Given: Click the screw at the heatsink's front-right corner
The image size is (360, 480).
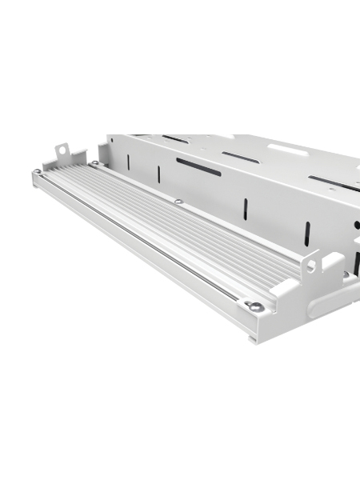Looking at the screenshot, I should tap(255, 306).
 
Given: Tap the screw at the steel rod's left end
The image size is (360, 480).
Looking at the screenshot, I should tap(38, 171).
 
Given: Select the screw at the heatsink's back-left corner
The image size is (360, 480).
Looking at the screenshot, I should tap(94, 164).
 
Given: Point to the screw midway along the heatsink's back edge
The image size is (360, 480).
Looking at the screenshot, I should tap(179, 202).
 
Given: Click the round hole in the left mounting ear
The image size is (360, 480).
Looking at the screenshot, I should tap(61, 150).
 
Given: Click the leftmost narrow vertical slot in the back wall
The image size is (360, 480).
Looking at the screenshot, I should tap(128, 162).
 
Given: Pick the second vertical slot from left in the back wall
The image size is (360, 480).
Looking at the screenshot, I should tap(158, 174).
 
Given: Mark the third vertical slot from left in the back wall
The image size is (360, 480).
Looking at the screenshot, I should tap(246, 210).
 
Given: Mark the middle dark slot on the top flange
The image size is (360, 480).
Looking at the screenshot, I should tap(240, 157).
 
